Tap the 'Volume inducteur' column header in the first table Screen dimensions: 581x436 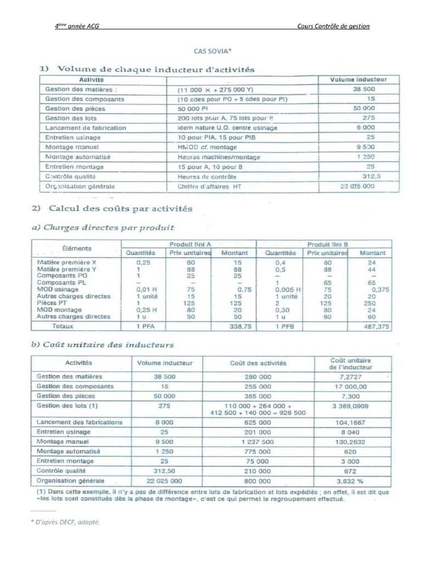[358, 80]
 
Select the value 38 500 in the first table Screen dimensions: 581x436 [363, 89]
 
